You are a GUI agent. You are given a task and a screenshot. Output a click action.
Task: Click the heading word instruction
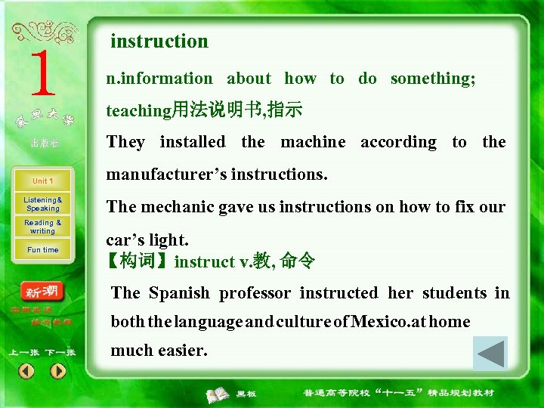tap(159, 42)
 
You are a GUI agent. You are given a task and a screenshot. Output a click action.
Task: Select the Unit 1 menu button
tap(42, 181)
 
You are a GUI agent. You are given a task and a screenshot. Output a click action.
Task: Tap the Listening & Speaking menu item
tap(42, 204)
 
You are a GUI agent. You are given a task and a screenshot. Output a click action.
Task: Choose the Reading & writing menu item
tap(42, 227)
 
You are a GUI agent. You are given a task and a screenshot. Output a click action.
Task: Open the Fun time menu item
tap(42, 250)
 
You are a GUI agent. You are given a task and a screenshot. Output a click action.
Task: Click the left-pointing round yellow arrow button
tap(26, 371)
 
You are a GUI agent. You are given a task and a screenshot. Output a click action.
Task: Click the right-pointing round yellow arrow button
tap(58, 371)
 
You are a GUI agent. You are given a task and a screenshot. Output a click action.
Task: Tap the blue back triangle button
tap(490, 353)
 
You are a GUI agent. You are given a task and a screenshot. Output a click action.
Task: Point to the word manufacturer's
tap(166, 175)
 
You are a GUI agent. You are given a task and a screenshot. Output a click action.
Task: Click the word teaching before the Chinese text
tap(139, 111)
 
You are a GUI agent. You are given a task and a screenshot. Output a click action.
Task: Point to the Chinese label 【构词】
tap(139, 262)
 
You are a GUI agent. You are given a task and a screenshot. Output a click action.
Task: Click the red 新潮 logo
tap(42, 292)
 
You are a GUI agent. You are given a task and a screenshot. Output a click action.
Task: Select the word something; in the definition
tap(433, 79)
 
